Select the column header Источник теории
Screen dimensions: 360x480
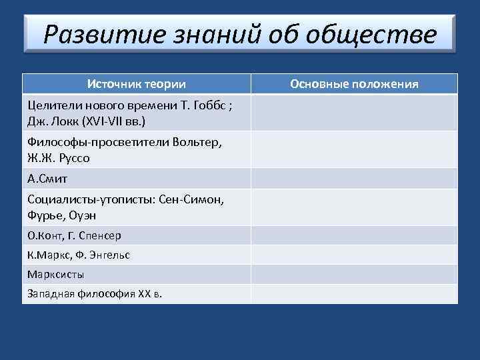pyautogui.click(x=137, y=84)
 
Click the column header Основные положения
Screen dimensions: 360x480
pyautogui.click(x=355, y=84)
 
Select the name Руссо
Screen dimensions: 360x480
pyautogui.click(x=73, y=159)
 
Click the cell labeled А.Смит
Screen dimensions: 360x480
pyautogui.click(x=47, y=179)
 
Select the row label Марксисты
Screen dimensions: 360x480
pyautogui.click(x=56, y=274)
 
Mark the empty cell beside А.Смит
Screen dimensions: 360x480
pyautogui.click(x=355, y=179)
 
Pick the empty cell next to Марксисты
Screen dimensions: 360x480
pyautogui.click(x=355, y=274)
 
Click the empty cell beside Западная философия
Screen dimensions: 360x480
pyautogui.click(x=355, y=293)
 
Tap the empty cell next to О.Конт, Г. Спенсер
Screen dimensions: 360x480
pyautogui.click(x=355, y=236)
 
